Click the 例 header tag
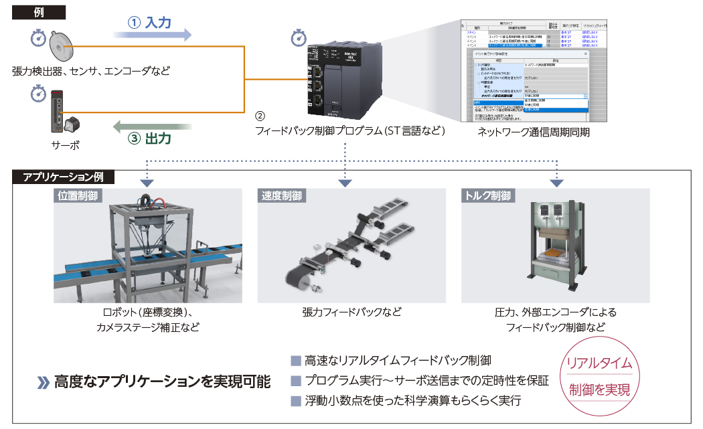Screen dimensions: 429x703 [x=39, y=11]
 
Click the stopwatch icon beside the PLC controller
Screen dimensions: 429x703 [x=299, y=39]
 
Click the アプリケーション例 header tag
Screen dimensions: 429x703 [x=63, y=177]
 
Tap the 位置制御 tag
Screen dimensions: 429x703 [x=78, y=196]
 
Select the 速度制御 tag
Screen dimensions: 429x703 [x=281, y=196]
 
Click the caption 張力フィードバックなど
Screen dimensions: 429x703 [x=351, y=312]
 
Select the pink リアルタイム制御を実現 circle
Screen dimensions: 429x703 [x=599, y=375]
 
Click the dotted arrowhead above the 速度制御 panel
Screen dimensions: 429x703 [x=345, y=182]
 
